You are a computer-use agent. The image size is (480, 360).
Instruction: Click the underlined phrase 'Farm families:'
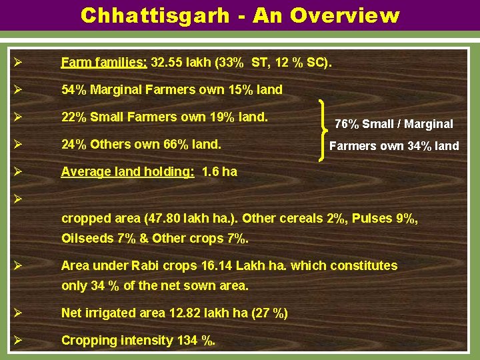coord(104,63)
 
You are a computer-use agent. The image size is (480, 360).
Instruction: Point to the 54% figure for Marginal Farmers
coord(73,89)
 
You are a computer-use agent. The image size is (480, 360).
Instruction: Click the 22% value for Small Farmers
coord(73,117)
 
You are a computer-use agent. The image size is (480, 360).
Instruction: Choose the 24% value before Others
coord(73,144)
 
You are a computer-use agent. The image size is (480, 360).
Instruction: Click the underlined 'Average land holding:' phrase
coord(127,171)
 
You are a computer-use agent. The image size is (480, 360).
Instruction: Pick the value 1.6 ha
coord(219,171)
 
